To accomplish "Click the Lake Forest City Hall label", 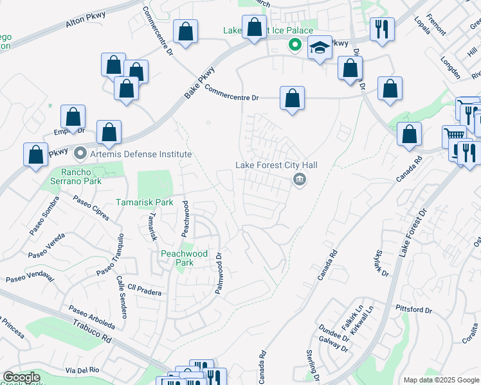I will [x=277, y=165].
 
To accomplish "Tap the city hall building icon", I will [x=299, y=180].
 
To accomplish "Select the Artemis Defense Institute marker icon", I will [x=80, y=154].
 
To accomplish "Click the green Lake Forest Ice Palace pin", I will [x=295, y=44].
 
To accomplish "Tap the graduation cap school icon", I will [x=320, y=48].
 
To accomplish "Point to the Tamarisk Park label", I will [x=145, y=202].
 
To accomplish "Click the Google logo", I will [x=21, y=377].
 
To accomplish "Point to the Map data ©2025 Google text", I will [x=440, y=380].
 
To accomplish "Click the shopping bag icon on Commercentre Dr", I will [x=292, y=99].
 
